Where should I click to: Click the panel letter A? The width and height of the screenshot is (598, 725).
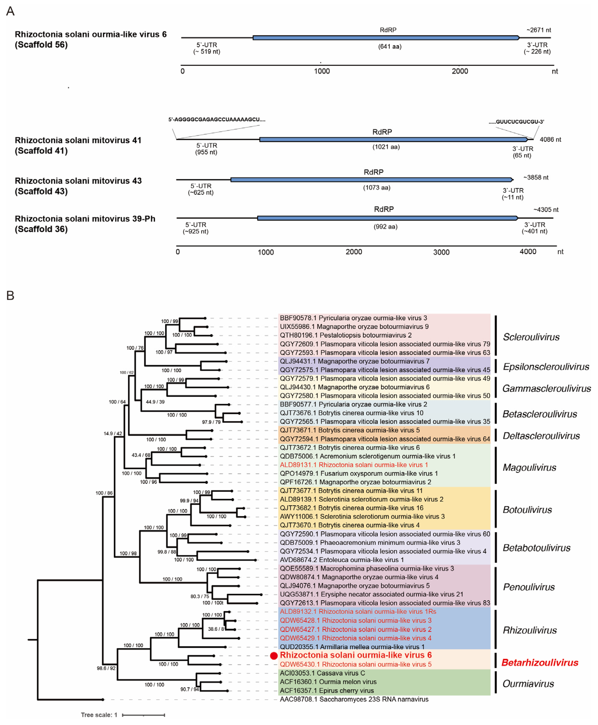point(10,11)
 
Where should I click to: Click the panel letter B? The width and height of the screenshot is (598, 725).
point(10,296)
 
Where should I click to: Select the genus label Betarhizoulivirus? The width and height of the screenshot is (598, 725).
point(539,663)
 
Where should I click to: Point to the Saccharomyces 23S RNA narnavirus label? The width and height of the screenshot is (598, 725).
point(354,699)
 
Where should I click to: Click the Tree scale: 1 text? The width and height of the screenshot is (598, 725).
point(99,715)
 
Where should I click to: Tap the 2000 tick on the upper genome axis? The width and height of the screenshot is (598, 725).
point(460,71)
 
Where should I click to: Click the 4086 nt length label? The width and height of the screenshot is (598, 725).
point(550,139)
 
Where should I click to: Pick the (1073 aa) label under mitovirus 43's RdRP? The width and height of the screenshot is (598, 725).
point(376,188)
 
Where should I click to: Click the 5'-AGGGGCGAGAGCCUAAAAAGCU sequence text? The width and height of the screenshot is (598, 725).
point(217,120)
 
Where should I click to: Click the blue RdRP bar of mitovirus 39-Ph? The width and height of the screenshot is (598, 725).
point(387,218)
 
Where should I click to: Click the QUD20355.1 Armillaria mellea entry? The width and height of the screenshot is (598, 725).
point(352,647)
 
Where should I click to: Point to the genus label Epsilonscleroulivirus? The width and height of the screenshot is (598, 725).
point(546,366)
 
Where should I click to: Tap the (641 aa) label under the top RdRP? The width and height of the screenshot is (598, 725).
point(390,46)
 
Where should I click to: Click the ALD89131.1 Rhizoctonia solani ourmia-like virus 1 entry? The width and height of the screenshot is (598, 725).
point(354,465)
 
